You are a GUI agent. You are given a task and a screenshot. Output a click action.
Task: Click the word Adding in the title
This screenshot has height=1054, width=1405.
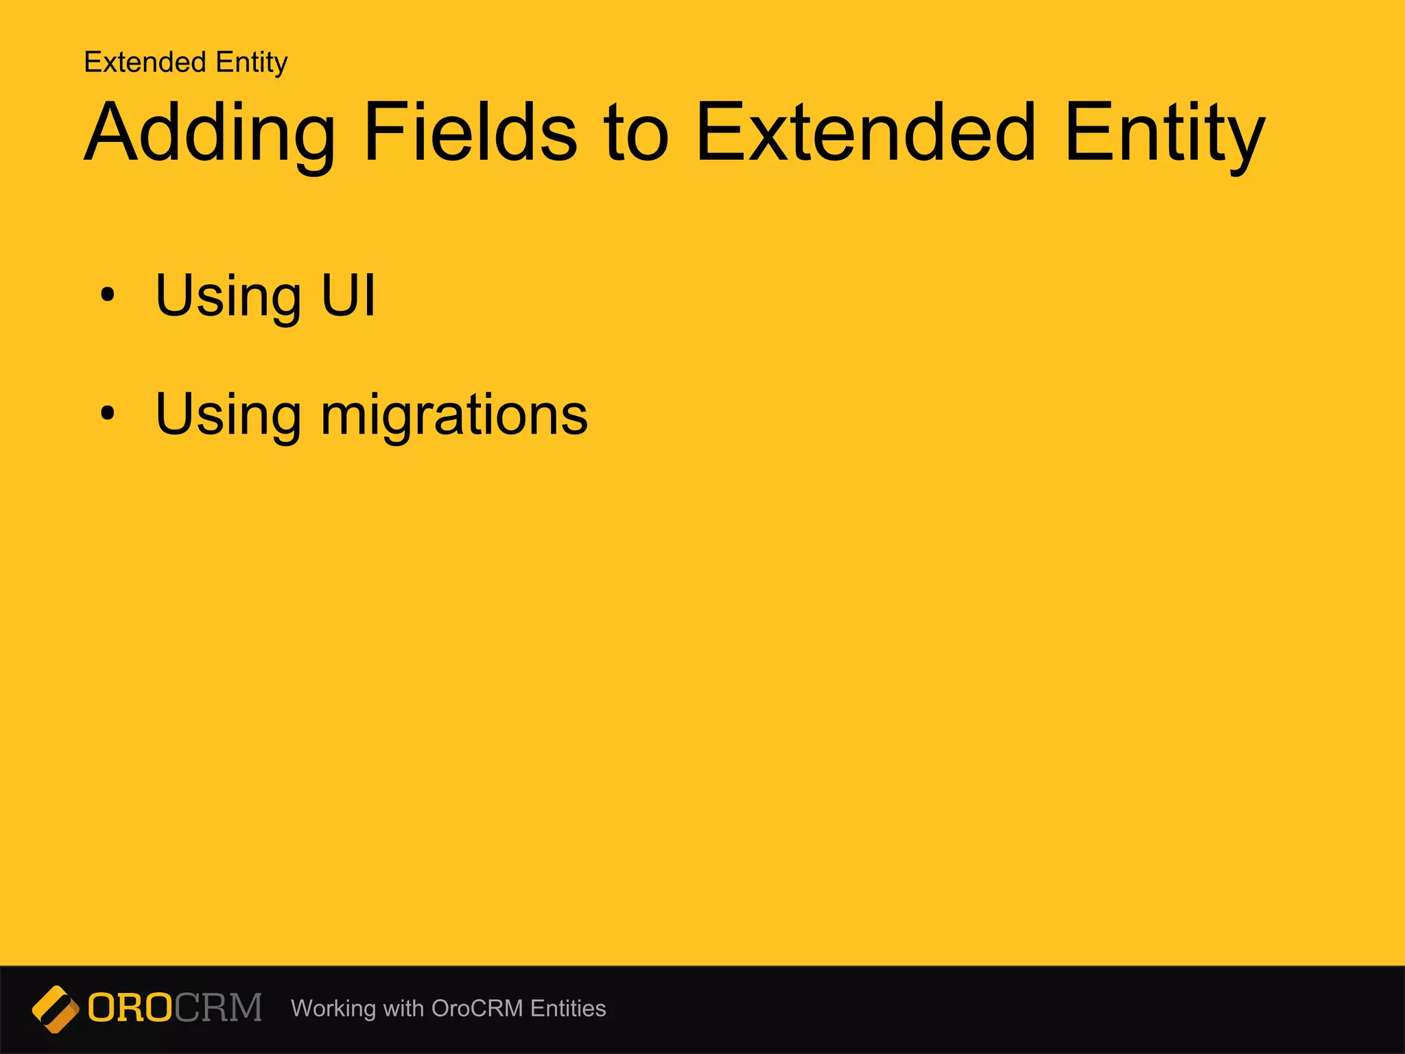[209, 134]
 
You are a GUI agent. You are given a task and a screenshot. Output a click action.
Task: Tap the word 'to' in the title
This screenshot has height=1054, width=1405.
[635, 134]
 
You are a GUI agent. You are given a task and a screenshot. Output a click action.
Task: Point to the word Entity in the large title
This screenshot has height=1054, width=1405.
[1164, 134]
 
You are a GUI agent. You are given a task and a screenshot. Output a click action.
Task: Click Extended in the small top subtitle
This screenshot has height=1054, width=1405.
[145, 62]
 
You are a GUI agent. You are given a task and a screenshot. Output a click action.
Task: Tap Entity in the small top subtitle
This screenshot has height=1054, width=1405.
[251, 63]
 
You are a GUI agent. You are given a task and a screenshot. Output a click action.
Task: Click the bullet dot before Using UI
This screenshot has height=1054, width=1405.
[107, 296]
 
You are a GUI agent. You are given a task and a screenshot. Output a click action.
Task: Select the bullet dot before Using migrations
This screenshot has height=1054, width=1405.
[107, 414]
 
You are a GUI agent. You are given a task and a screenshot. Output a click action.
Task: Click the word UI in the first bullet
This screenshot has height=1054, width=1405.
[348, 295]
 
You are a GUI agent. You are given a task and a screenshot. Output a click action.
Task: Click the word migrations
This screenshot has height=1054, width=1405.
[453, 416]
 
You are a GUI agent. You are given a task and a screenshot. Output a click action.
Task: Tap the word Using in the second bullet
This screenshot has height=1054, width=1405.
[228, 416]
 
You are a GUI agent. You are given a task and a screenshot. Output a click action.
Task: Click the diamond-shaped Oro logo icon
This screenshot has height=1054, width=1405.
[56, 1009]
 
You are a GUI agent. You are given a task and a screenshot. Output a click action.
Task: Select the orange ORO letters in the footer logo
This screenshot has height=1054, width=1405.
[130, 1008]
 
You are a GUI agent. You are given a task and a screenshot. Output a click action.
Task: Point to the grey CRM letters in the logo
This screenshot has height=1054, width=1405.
[218, 1008]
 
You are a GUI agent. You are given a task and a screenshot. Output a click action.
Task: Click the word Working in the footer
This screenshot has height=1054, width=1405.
[333, 1009]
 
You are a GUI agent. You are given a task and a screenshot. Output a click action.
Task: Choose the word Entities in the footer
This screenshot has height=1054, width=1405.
[568, 1008]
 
